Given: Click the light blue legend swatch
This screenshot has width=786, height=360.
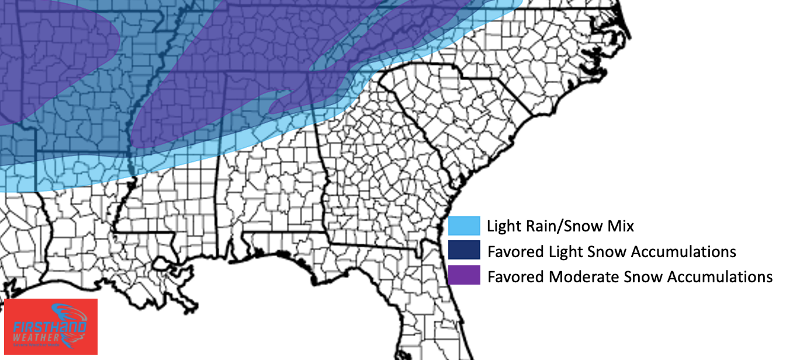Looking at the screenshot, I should pyautogui.click(x=464, y=226).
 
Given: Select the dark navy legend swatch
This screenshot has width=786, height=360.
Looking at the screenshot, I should pyautogui.click(x=464, y=251).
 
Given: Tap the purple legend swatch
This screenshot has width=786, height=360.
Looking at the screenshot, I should pyautogui.click(x=464, y=276).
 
